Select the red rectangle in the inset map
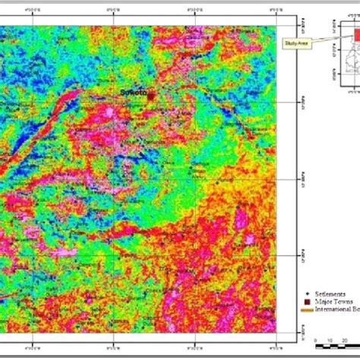pyautogui.click(x=355, y=30)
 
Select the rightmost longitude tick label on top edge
pyautogui.click(x=269, y=8)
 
